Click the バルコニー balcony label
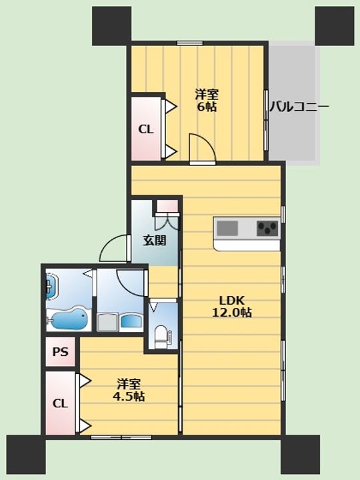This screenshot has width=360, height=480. [x=299, y=107]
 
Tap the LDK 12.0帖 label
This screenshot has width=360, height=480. [x=233, y=307]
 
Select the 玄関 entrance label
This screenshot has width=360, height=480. [x=155, y=241]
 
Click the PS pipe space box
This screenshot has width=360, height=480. [x=60, y=352]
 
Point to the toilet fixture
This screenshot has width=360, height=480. [x=161, y=337]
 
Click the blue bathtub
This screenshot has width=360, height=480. [x=69, y=319]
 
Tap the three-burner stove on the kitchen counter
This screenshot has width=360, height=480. [x=267, y=229]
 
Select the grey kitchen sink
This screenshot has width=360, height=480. [x=227, y=229]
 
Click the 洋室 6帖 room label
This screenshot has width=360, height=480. [x=207, y=101]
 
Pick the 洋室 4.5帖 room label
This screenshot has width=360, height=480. [x=129, y=390]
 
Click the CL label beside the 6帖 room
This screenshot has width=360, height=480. [x=146, y=129]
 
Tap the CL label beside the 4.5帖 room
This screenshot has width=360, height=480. [x=60, y=403]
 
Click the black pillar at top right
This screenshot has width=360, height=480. [x=335, y=26]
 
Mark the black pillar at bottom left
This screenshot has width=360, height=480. [x=26, y=455]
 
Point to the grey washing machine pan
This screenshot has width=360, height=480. [x=107, y=323]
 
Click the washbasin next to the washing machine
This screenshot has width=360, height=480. [x=132, y=322]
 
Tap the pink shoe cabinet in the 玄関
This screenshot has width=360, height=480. [x=167, y=206]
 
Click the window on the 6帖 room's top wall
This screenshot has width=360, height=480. [x=190, y=43]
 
